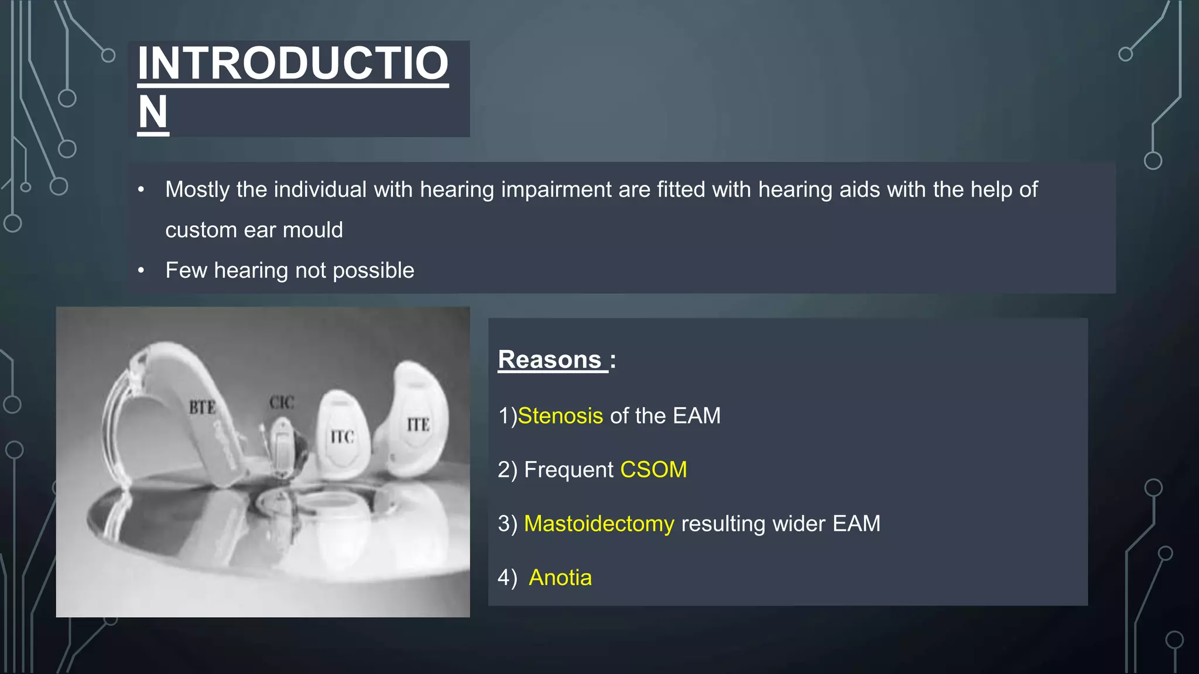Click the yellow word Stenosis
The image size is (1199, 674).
point(560,416)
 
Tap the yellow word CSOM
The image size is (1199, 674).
point(653,470)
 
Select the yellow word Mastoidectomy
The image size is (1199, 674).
point(599,524)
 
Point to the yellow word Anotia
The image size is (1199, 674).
point(560,578)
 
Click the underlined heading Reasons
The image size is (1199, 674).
point(550,359)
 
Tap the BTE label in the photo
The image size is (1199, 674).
point(202,407)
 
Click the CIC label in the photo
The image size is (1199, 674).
point(282,403)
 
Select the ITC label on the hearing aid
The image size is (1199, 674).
point(342,436)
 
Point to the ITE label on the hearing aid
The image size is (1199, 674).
point(418,425)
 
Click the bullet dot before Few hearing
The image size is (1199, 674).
point(141,271)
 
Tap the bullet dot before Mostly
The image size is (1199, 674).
point(141,190)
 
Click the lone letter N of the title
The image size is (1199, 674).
point(153,112)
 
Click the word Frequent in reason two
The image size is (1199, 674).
point(568,470)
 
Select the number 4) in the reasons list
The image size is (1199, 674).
point(507,578)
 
